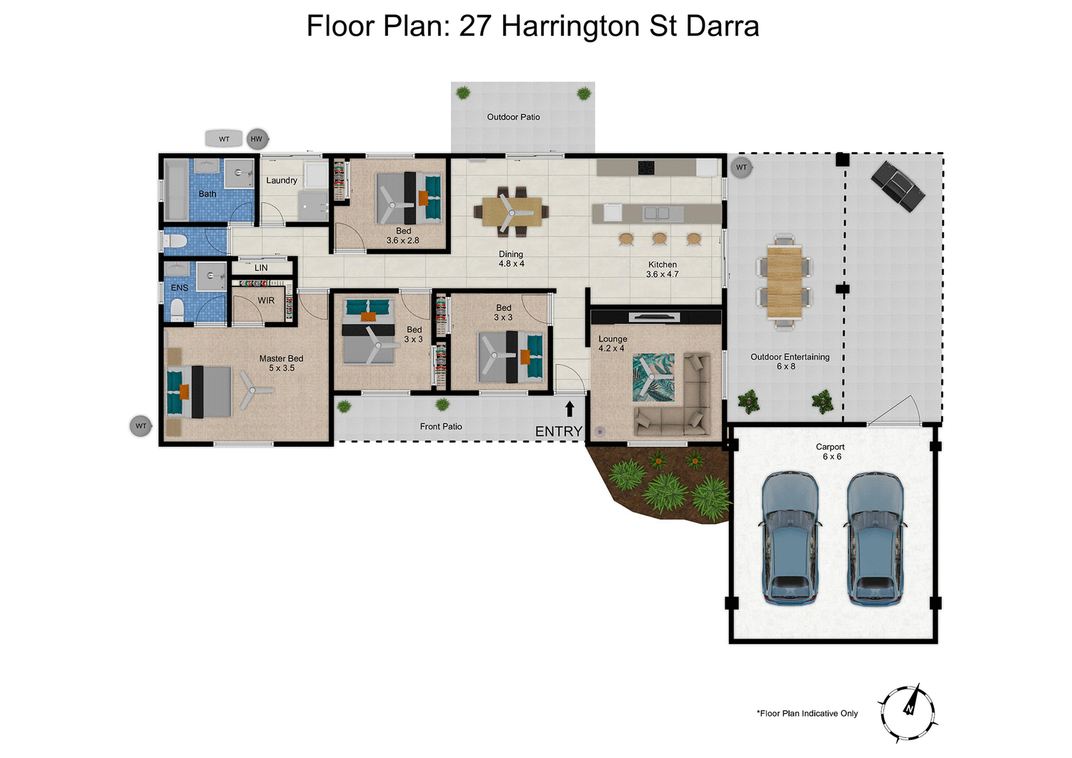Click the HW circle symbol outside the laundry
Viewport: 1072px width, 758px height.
[x=257, y=139]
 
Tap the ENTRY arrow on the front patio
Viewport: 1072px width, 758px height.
[x=570, y=409]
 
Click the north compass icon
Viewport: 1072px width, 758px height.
[x=908, y=712]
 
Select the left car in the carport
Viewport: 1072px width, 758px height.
[x=790, y=537]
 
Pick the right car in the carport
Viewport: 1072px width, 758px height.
[x=875, y=537]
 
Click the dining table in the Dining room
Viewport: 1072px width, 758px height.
[x=511, y=211]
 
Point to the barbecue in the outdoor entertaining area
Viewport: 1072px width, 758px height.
[x=897, y=186]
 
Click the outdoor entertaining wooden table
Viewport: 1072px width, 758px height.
[x=785, y=281]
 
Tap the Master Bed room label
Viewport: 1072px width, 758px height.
[x=281, y=363]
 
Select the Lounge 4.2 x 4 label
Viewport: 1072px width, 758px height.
[x=612, y=344]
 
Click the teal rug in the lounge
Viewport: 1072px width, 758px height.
[x=653, y=376]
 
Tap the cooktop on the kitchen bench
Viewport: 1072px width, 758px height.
[x=646, y=168]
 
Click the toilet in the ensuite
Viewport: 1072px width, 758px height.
[x=176, y=309]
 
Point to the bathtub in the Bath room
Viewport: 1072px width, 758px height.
[x=176, y=190]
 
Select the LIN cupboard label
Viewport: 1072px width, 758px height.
[x=261, y=268]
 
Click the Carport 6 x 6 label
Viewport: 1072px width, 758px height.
[x=830, y=452]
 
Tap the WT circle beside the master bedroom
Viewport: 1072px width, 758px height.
[x=141, y=426]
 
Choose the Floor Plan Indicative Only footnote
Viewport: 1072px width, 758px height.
[x=808, y=713]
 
